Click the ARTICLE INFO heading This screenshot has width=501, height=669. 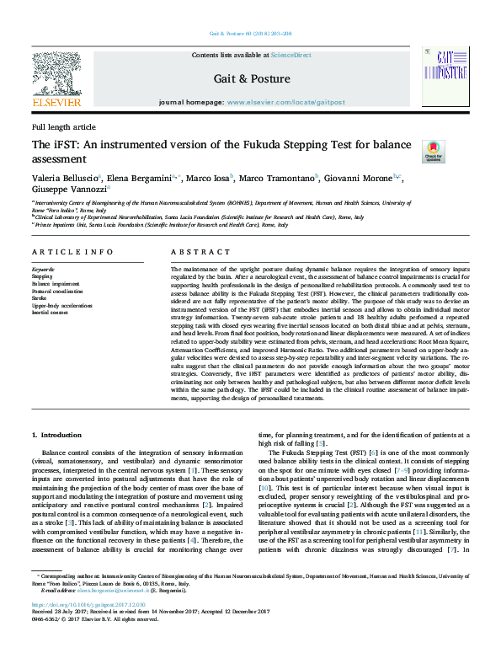click(x=72, y=253)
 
